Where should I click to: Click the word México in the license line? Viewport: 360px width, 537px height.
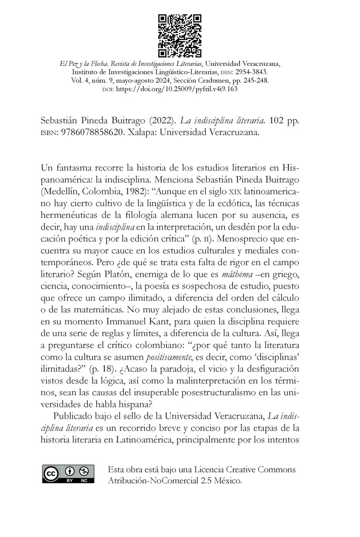(226, 481)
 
